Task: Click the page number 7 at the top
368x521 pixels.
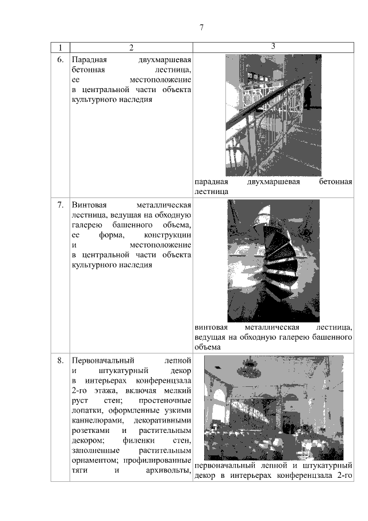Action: [x=202, y=27]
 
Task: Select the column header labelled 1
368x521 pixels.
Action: [x=60, y=48]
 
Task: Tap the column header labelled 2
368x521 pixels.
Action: [x=132, y=48]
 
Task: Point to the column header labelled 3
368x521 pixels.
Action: [x=273, y=46]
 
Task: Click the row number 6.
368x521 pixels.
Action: [x=60, y=60]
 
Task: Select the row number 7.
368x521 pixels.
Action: [x=60, y=205]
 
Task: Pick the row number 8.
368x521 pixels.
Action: [x=60, y=360]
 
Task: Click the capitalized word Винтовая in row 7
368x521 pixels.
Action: [x=89, y=205]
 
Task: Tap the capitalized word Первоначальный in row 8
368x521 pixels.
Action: [x=103, y=360]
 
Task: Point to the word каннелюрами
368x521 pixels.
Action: [x=98, y=421]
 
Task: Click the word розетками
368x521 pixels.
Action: [x=91, y=431]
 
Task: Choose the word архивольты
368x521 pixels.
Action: [x=168, y=470]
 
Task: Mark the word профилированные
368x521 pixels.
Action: [x=158, y=461]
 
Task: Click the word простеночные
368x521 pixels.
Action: [x=165, y=401]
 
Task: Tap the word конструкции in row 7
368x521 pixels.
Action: [x=167, y=235]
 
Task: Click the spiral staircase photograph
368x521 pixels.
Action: [x=274, y=261]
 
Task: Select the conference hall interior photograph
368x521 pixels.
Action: [x=274, y=408]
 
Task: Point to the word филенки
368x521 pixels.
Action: [x=139, y=440]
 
